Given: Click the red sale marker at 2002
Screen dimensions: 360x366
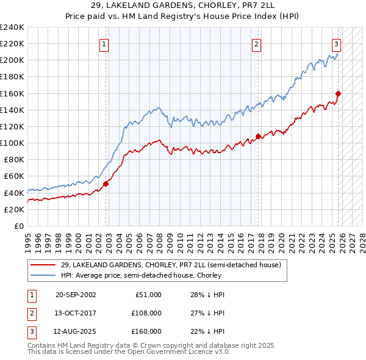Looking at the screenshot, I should click(x=106, y=183).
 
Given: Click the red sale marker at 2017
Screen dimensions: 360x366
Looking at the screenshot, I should click(x=258, y=136).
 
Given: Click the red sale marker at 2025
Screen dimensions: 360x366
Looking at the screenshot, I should click(x=338, y=93).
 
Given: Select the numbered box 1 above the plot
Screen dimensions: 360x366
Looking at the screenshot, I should click(x=105, y=44).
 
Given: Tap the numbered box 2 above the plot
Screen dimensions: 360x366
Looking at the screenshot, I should click(x=257, y=44).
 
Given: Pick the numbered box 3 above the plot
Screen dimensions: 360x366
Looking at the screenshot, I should click(x=336, y=44).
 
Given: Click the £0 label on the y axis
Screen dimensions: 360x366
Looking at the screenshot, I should click(x=18, y=226).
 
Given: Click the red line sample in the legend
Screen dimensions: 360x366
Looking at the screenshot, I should click(x=43, y=265).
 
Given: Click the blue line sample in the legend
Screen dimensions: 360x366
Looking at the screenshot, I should click(x=43, y=275).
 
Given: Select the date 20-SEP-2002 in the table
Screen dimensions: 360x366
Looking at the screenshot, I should click(x=76, y=295).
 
